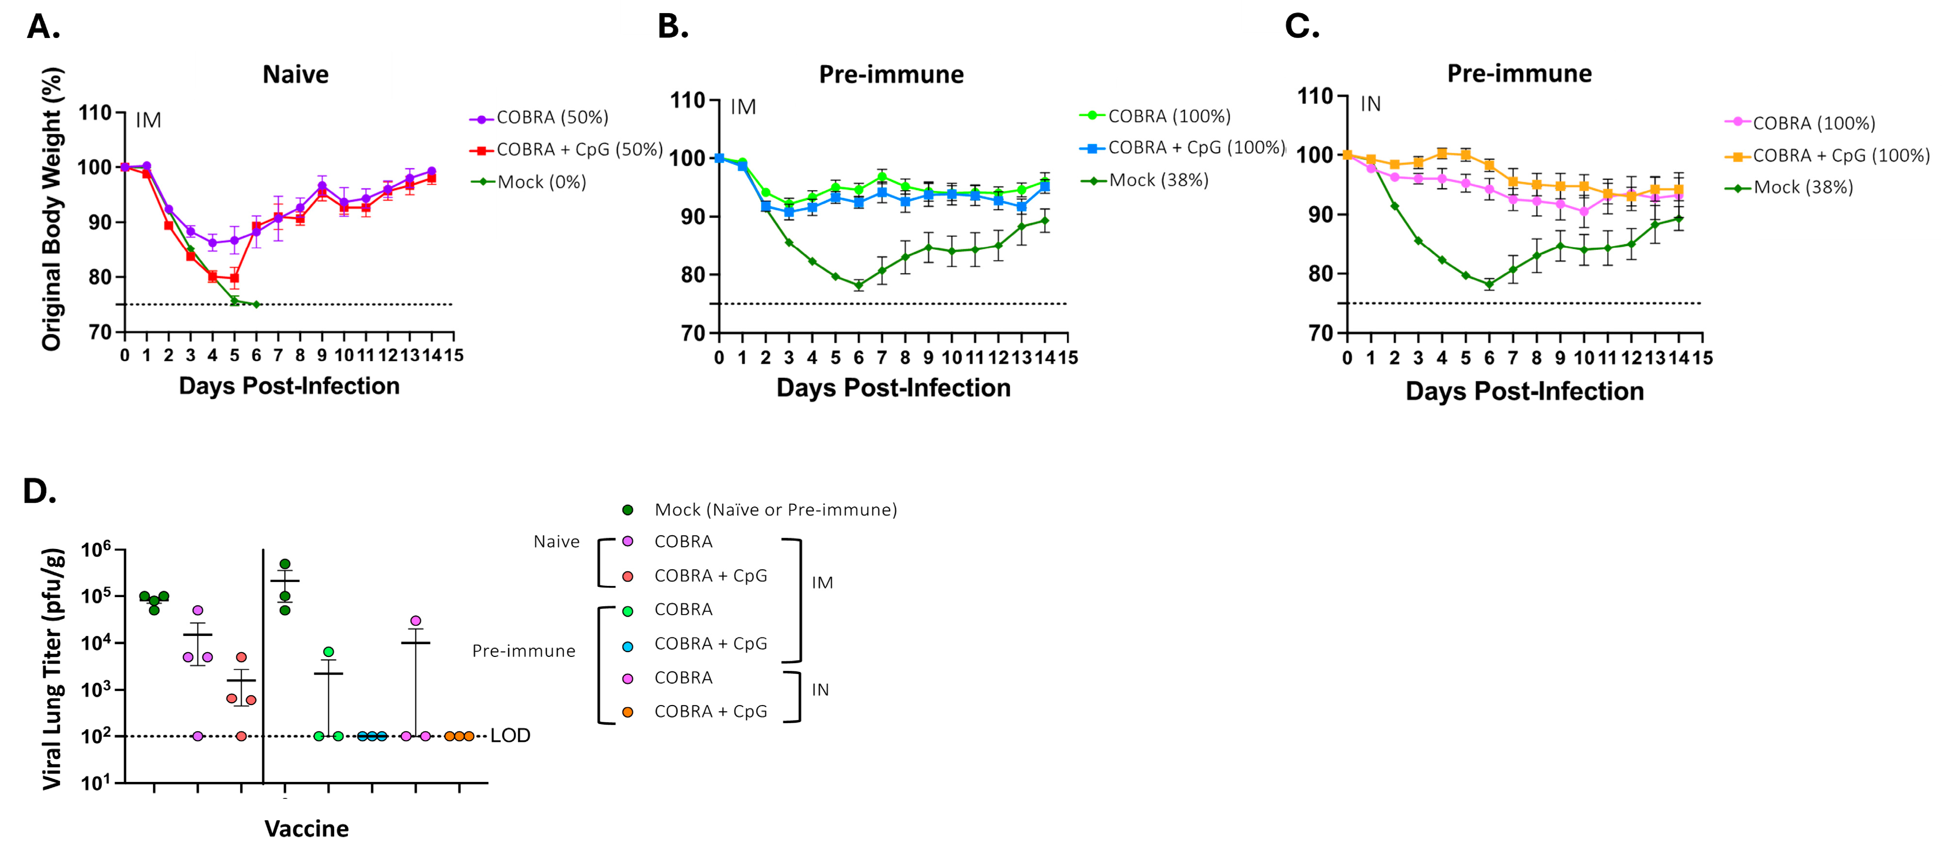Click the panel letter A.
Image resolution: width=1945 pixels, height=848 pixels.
click(42, 27)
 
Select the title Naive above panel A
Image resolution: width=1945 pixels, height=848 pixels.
click(295, 75)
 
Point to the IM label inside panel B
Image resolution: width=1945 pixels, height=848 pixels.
click(743, 107)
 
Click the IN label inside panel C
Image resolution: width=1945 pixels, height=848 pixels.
click(1371, 104)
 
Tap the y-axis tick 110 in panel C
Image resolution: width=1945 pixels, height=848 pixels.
click(1317, 97)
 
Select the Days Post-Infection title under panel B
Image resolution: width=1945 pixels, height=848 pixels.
click(893, 388)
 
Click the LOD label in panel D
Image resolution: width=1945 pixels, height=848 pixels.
click(510, 736)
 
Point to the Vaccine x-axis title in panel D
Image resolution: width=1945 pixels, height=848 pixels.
click(306, 829)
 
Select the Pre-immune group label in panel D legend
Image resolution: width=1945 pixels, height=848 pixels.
click(523, 651)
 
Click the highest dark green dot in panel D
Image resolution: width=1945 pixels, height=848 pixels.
click(285, 564)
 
